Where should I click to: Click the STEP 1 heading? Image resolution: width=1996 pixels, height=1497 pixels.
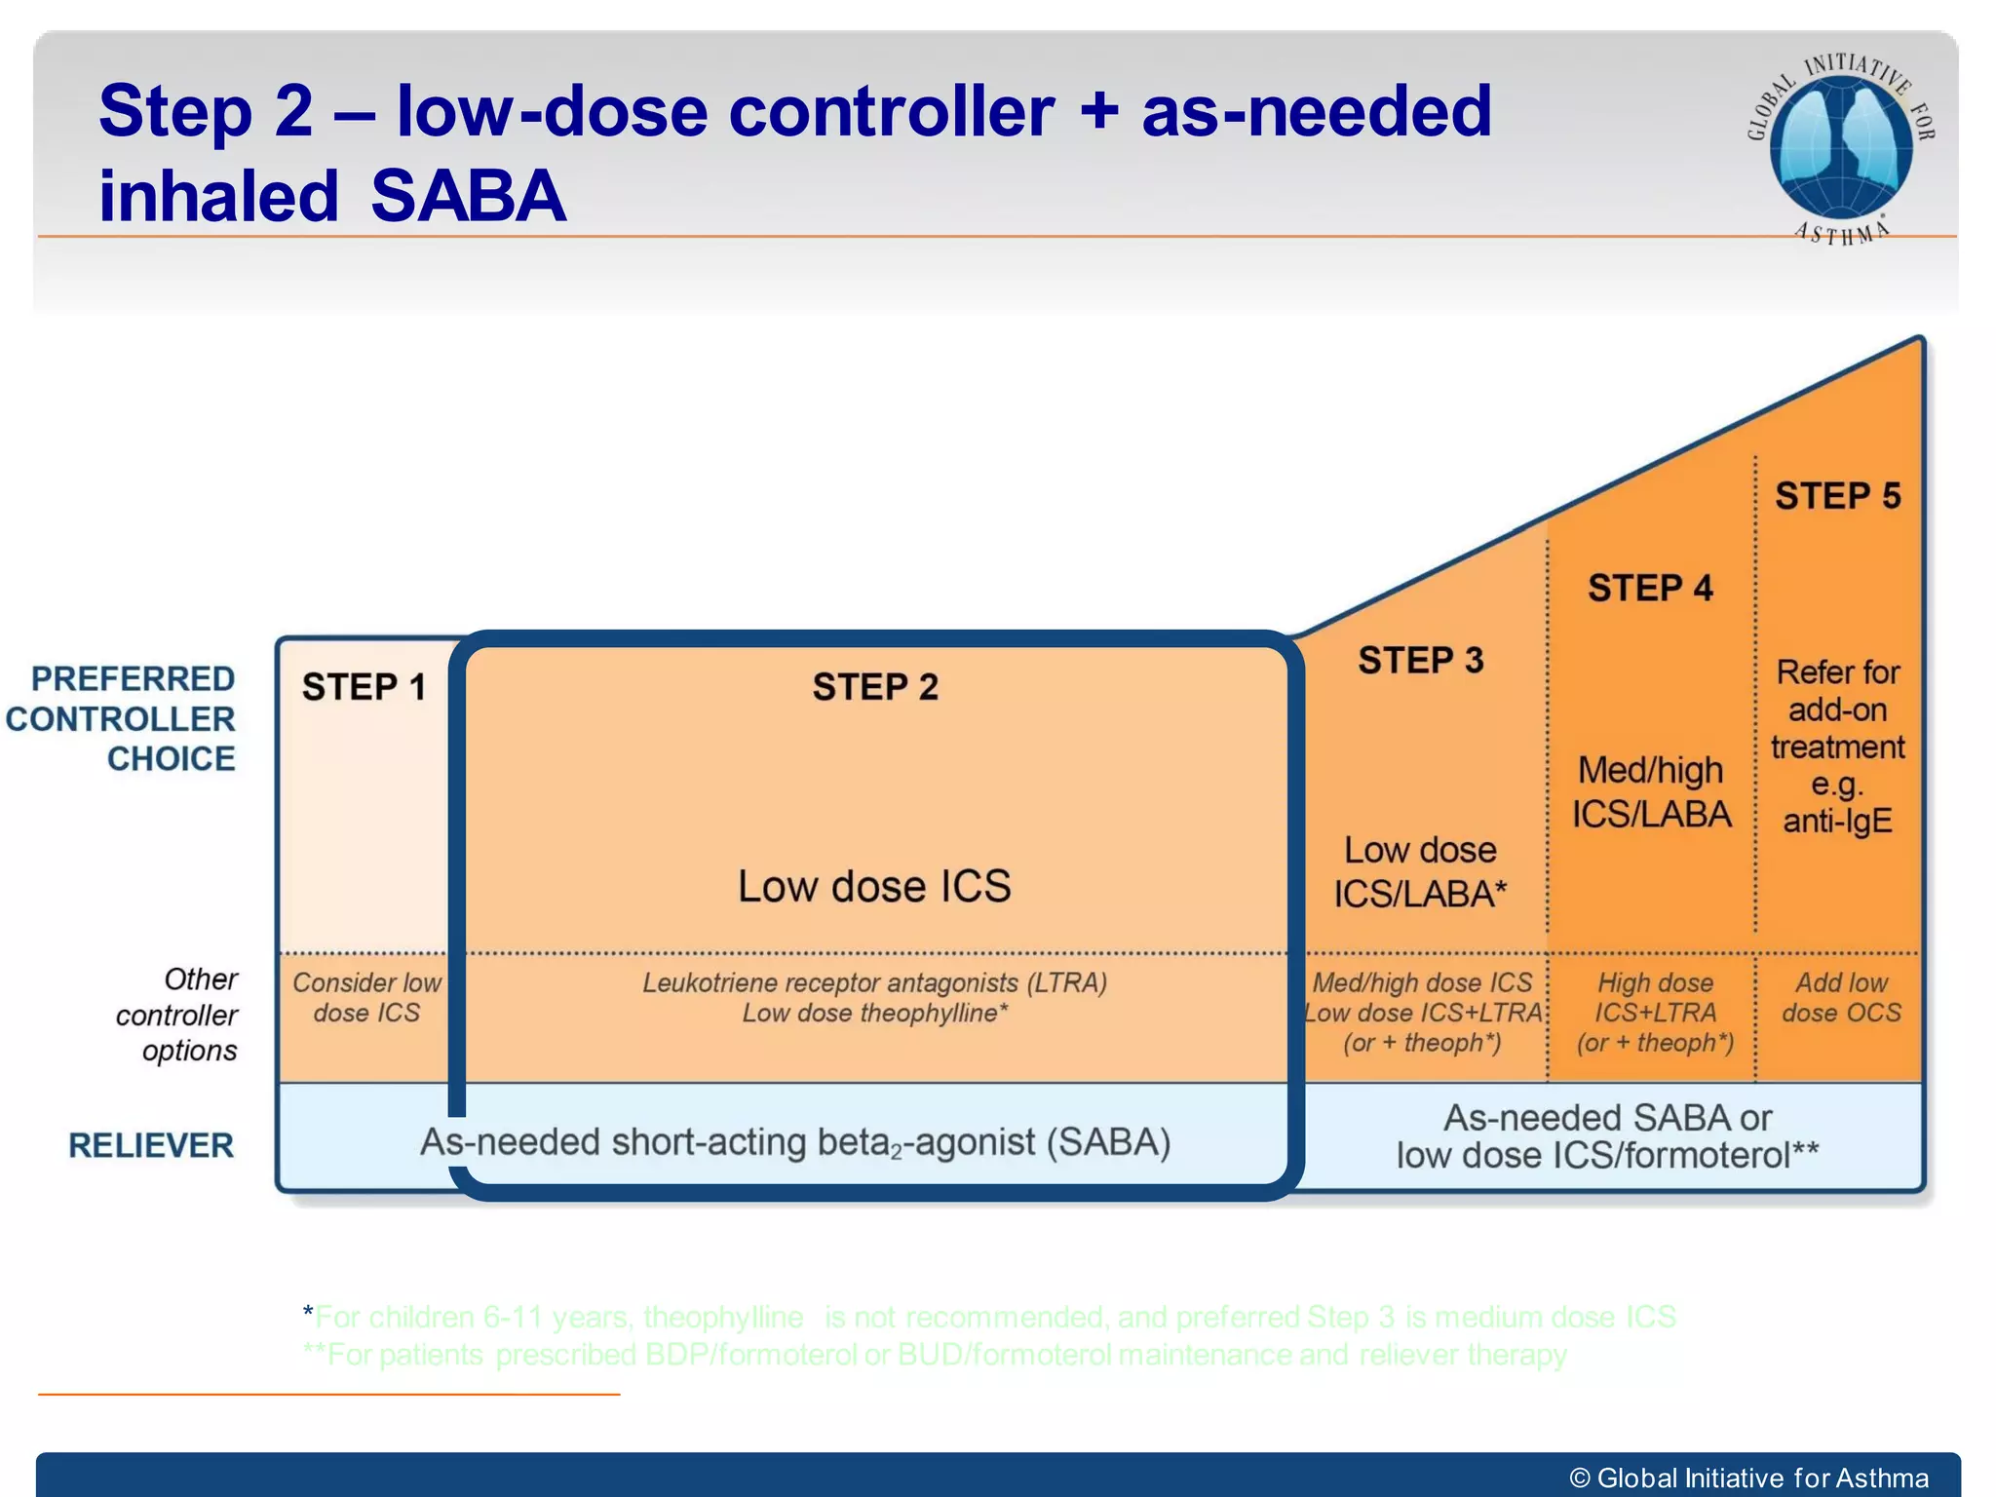pyautogui.click(x=364, y=687)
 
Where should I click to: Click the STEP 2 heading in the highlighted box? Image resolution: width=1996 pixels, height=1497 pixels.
pyautogui.click(x=875, y=687)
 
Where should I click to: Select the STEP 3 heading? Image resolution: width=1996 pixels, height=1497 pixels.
pyautogui.click(x=1420, y=661)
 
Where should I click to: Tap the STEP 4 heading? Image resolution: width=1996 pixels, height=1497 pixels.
pyautogui.click(x=1650, y=589)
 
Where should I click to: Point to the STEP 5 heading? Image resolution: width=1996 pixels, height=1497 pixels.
pyautogui.click(x=1837, y=496)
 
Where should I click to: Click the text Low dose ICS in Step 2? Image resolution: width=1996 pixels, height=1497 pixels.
pyautogui.click(x=874, y=886)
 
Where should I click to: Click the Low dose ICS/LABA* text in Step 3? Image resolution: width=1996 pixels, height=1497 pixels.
pyautogui.click(x=1420, y=872)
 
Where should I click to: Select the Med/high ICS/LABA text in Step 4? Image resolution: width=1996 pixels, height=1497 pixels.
pyautogui.click(x=1651, y=792)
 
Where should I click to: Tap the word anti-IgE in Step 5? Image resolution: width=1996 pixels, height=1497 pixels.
pyautogui.click(x=1837, y=821)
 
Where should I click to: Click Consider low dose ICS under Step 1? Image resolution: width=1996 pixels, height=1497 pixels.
pyautogui.click(x=366, y=997)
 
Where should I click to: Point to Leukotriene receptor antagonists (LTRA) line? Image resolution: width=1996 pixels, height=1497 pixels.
pyautogui.click(x=874, y=982)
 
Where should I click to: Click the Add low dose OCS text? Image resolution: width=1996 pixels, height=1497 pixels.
pyautogui.click(x=1840, y=997)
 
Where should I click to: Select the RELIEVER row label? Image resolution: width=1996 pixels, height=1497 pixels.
pyautogui.click(x=151, y=1145)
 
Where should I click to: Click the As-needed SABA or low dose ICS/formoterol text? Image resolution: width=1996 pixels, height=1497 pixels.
pyautogui.click(x=1606, y=1136)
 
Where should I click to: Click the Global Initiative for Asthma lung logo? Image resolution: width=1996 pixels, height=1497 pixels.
pyautogui.click(x=1840, y=146)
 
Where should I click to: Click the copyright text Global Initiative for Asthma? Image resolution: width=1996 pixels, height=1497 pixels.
pyautogui.click(x=1749, y=1478)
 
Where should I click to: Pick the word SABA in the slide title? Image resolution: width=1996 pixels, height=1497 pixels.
pyautogui.click(x=468, y=196)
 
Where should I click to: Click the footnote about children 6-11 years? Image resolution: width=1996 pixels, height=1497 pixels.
pyautogui.click(x=989, y=1317)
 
